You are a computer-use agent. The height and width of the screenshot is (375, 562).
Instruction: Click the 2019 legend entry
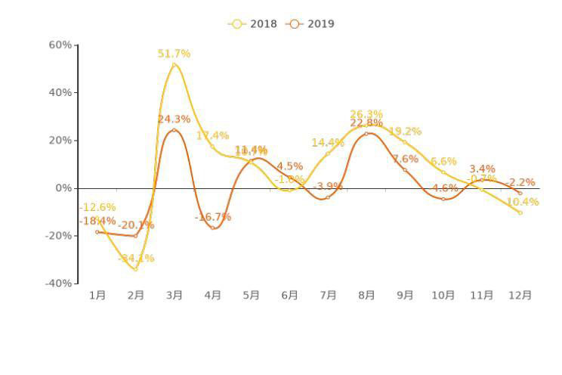pyautogui.click(x=310, y=23)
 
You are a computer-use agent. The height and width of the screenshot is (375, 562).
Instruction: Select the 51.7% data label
pyautogui.click(x=174, y=54)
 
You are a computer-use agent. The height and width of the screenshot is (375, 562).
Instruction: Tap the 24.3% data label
pyautogui.click(x=174, y=119)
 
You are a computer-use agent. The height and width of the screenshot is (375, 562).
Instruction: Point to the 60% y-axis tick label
pyautogui.click(x=60, y=45)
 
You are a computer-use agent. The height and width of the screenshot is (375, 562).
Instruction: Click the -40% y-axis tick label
pyautogui.click(x=59, y=284)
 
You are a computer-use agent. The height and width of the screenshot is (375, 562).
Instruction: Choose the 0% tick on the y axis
pyautogui.click(x=64, y=188)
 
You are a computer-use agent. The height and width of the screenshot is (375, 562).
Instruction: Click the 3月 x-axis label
pyautogui.click(x=174, y=296)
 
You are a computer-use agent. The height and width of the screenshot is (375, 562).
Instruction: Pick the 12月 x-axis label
pyautogui.click(x=520, y=296)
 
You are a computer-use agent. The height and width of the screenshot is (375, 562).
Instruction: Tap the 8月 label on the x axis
pyautogui.click(x=366, y=296)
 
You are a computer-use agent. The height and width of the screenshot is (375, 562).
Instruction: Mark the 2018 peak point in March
pyautogui.click(x=174, y=65)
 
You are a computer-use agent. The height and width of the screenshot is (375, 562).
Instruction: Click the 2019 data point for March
pyautogui.click(x=174, y=130)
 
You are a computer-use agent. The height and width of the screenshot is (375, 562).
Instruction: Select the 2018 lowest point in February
pyautogui.click(x=136, y=269)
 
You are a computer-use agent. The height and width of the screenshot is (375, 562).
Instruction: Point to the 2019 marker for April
pyautogui.click(x=213, y=228)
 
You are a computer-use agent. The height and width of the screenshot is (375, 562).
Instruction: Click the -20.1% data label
pyautogui.click(x=136, y=225)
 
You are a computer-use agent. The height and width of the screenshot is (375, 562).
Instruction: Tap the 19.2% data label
pyautogui.click(x=405, y=132)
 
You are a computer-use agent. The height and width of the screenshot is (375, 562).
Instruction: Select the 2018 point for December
pyautogui.click(x=520, y=212)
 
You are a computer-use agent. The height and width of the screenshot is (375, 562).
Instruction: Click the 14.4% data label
pyautogui.click(x=328, y=143)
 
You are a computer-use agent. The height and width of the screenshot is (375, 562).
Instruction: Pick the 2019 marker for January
pyautogui.click(x=97, y=231)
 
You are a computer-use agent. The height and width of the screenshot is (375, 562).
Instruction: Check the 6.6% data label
pyautogui.click(x=443, y=162)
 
